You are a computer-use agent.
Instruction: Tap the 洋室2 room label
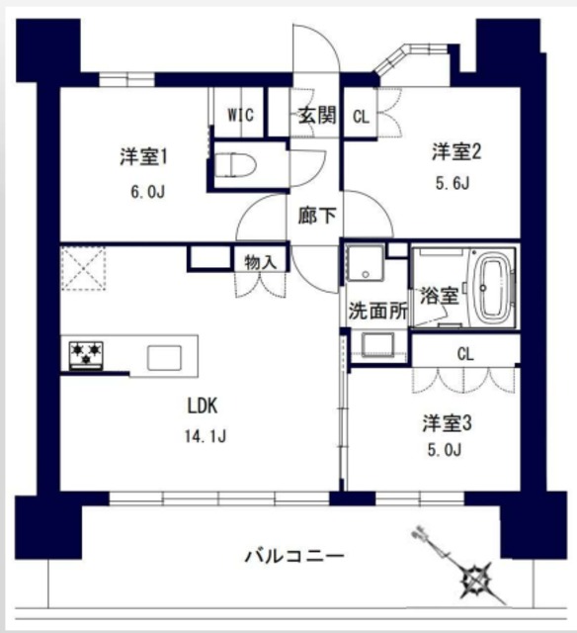[455, 151]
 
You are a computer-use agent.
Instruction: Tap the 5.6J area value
[451, 184]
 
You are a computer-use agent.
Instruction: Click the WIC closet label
[240, 115]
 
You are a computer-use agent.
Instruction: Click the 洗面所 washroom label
[376, 308]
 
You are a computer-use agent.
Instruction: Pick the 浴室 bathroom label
[439, 295]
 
